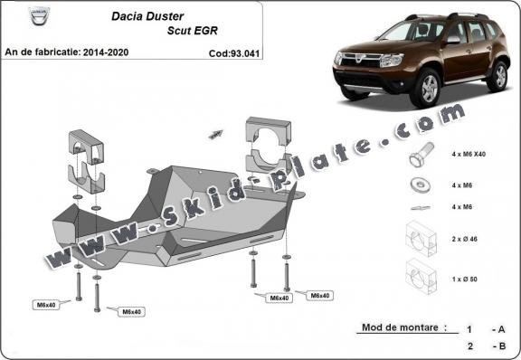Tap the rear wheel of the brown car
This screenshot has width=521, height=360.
point(497,77)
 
